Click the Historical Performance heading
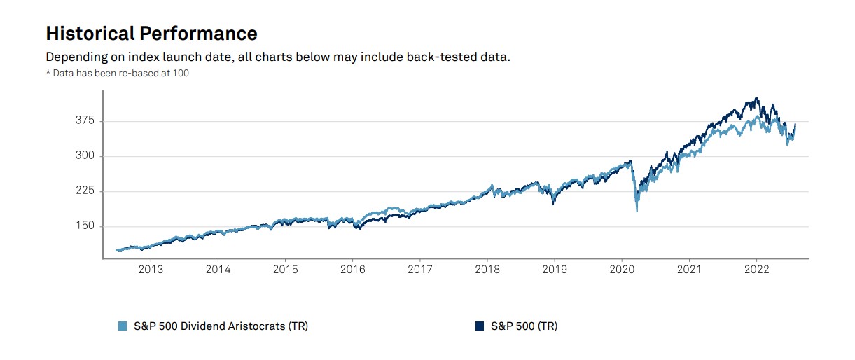coord(151,33)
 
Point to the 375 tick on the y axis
coord(85,121)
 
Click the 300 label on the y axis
coord(85,156)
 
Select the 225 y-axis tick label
coord(85,191)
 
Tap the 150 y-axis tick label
coord(85,226)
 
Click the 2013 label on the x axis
coord(151,269)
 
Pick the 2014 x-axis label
coord(218,269)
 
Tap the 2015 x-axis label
coord(286,269)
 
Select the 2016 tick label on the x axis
coord(353,269)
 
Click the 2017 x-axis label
coord(420,269)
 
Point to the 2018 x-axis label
coord(487,269)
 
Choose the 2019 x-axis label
coord(555,269)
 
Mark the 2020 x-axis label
coord(623,269)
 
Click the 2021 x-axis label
coord(690,269)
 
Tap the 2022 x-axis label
coord(757,269)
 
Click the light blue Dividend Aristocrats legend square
coord(123,326)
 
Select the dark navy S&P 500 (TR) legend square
coord(480,326)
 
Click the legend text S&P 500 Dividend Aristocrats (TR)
coord(221,326)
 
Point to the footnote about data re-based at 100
coord(117,73)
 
